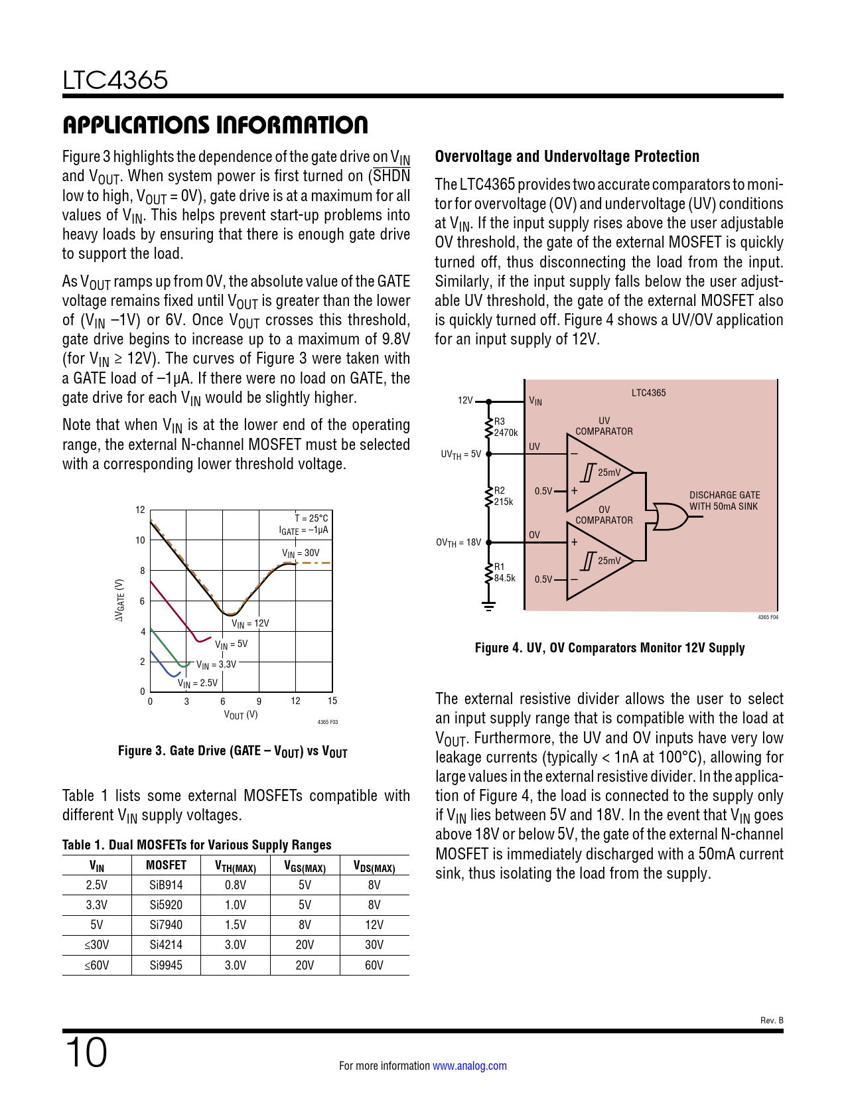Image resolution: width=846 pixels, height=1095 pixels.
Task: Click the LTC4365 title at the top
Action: coord(115,80)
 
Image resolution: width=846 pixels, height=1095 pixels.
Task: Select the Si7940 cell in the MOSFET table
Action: coord(166,924)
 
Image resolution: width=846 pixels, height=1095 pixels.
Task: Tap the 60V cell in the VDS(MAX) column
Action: coord(374,965)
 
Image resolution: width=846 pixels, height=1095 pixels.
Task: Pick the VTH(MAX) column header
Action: coord(236,866)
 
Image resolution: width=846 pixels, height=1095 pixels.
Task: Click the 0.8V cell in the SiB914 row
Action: coord(236,885)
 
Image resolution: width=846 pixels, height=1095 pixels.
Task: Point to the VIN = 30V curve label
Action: coord(301,553)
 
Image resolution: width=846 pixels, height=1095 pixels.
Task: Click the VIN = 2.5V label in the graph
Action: coord(197,684)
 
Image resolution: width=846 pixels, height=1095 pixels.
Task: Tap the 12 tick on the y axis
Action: coord(140,510)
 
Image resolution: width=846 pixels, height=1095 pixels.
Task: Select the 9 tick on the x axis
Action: coord(259,701)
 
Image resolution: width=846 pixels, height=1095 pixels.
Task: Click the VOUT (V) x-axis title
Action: coord(241,715)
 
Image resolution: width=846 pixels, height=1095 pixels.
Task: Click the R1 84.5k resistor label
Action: coord(504,572)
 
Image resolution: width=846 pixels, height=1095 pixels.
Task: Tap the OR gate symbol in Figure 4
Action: coord(670,516)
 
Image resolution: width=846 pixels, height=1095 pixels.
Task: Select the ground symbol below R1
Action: coord(488,606)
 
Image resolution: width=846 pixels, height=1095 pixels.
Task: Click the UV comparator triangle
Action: coord(597,473)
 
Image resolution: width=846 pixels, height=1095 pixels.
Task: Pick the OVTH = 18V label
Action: coord(458,542)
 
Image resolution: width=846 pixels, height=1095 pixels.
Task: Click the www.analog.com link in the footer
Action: coord(469,1066)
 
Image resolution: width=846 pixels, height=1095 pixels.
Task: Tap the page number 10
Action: coord(86,1053)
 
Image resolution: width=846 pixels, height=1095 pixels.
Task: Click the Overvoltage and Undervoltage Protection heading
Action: coord(567,157)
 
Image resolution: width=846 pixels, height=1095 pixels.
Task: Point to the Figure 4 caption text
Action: coord(609,648)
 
